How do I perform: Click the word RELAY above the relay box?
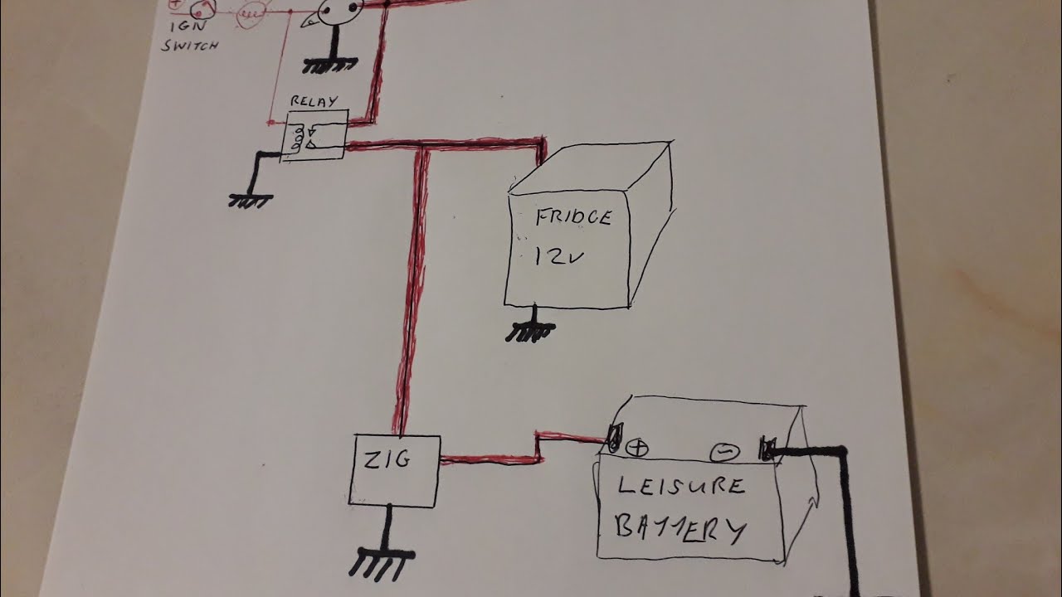tap(314, 101)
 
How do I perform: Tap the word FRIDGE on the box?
tap(573, 217)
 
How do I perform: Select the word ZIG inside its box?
tap(387, 459)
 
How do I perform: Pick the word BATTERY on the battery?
tap(680, 528)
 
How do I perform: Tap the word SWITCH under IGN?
tap(190, 46)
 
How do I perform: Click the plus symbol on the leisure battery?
tap(636, 448)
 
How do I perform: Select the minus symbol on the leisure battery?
tap(724, 453)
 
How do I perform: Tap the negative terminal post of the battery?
tap(766, 449)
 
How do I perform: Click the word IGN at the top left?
tap(188, 25)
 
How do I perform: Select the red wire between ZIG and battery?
tap(538, 448)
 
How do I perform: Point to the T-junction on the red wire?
tap(422, 146)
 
